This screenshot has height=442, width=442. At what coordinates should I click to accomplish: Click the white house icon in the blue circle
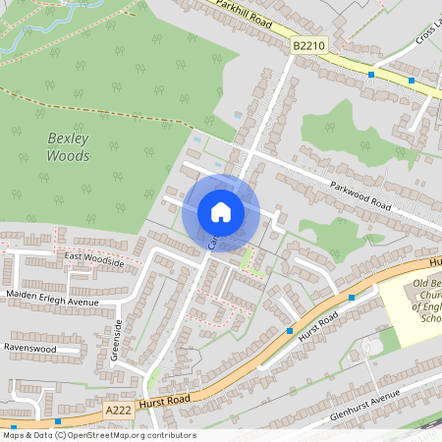[x=220, y=212]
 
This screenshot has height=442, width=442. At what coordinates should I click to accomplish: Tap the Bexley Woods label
[x=69, y=147]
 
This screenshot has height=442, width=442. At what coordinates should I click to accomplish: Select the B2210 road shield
[x=307, y=45]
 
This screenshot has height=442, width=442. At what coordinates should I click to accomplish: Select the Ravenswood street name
[x=42, y=348]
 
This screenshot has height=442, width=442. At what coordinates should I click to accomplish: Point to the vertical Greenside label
[x=116, y=340]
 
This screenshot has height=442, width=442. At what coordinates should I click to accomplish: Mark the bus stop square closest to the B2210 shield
[x=371, y=75]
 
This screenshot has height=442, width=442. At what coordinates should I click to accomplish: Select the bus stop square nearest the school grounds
[x=352, y=298]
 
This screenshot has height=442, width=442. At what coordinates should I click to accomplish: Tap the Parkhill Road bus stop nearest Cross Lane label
[x=412, y=81]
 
